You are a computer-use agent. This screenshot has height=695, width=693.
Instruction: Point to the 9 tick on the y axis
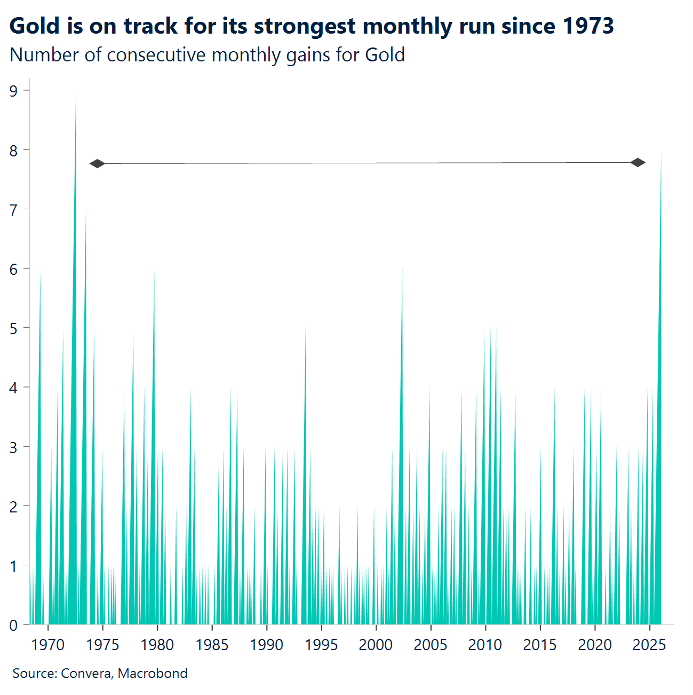tap(13, 91)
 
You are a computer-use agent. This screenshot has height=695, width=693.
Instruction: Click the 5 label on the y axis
tap(13, 328)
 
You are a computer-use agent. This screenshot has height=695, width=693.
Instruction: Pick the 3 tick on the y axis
tap(13, 447)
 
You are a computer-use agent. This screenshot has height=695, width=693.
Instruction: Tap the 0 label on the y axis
tap(13, 625)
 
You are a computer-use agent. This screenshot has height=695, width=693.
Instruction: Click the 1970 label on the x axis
tap(48, 645)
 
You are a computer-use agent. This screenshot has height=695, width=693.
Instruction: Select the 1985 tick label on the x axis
tap(212, 645)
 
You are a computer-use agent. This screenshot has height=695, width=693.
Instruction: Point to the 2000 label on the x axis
tap(376, 645)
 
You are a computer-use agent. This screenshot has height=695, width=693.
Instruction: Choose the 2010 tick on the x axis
tap(485, 645)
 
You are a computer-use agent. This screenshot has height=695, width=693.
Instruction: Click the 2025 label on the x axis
tap(649, 645)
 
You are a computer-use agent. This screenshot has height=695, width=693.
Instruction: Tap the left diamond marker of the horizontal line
tap(97, 163)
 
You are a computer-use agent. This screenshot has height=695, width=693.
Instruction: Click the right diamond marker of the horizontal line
tap(638, 162)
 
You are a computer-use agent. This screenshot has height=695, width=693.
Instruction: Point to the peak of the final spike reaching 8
tap(661, 152)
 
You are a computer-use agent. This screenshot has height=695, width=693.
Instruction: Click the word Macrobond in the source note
tap(153, 673)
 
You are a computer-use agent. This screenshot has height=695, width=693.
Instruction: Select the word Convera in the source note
tap(86, 673)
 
